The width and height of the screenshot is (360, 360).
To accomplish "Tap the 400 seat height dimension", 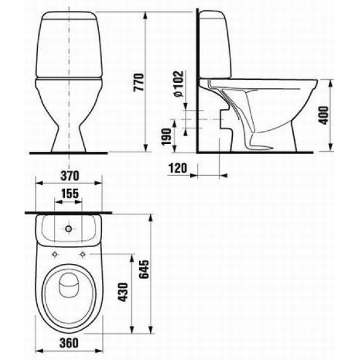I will click(325, 113).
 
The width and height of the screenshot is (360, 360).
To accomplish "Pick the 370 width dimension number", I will click(71, 176).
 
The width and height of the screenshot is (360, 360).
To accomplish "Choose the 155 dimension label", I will click(71, 193).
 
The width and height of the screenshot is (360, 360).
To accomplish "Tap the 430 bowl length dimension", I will click(125, 293).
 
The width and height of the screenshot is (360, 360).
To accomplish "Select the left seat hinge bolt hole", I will click(56, 252).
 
